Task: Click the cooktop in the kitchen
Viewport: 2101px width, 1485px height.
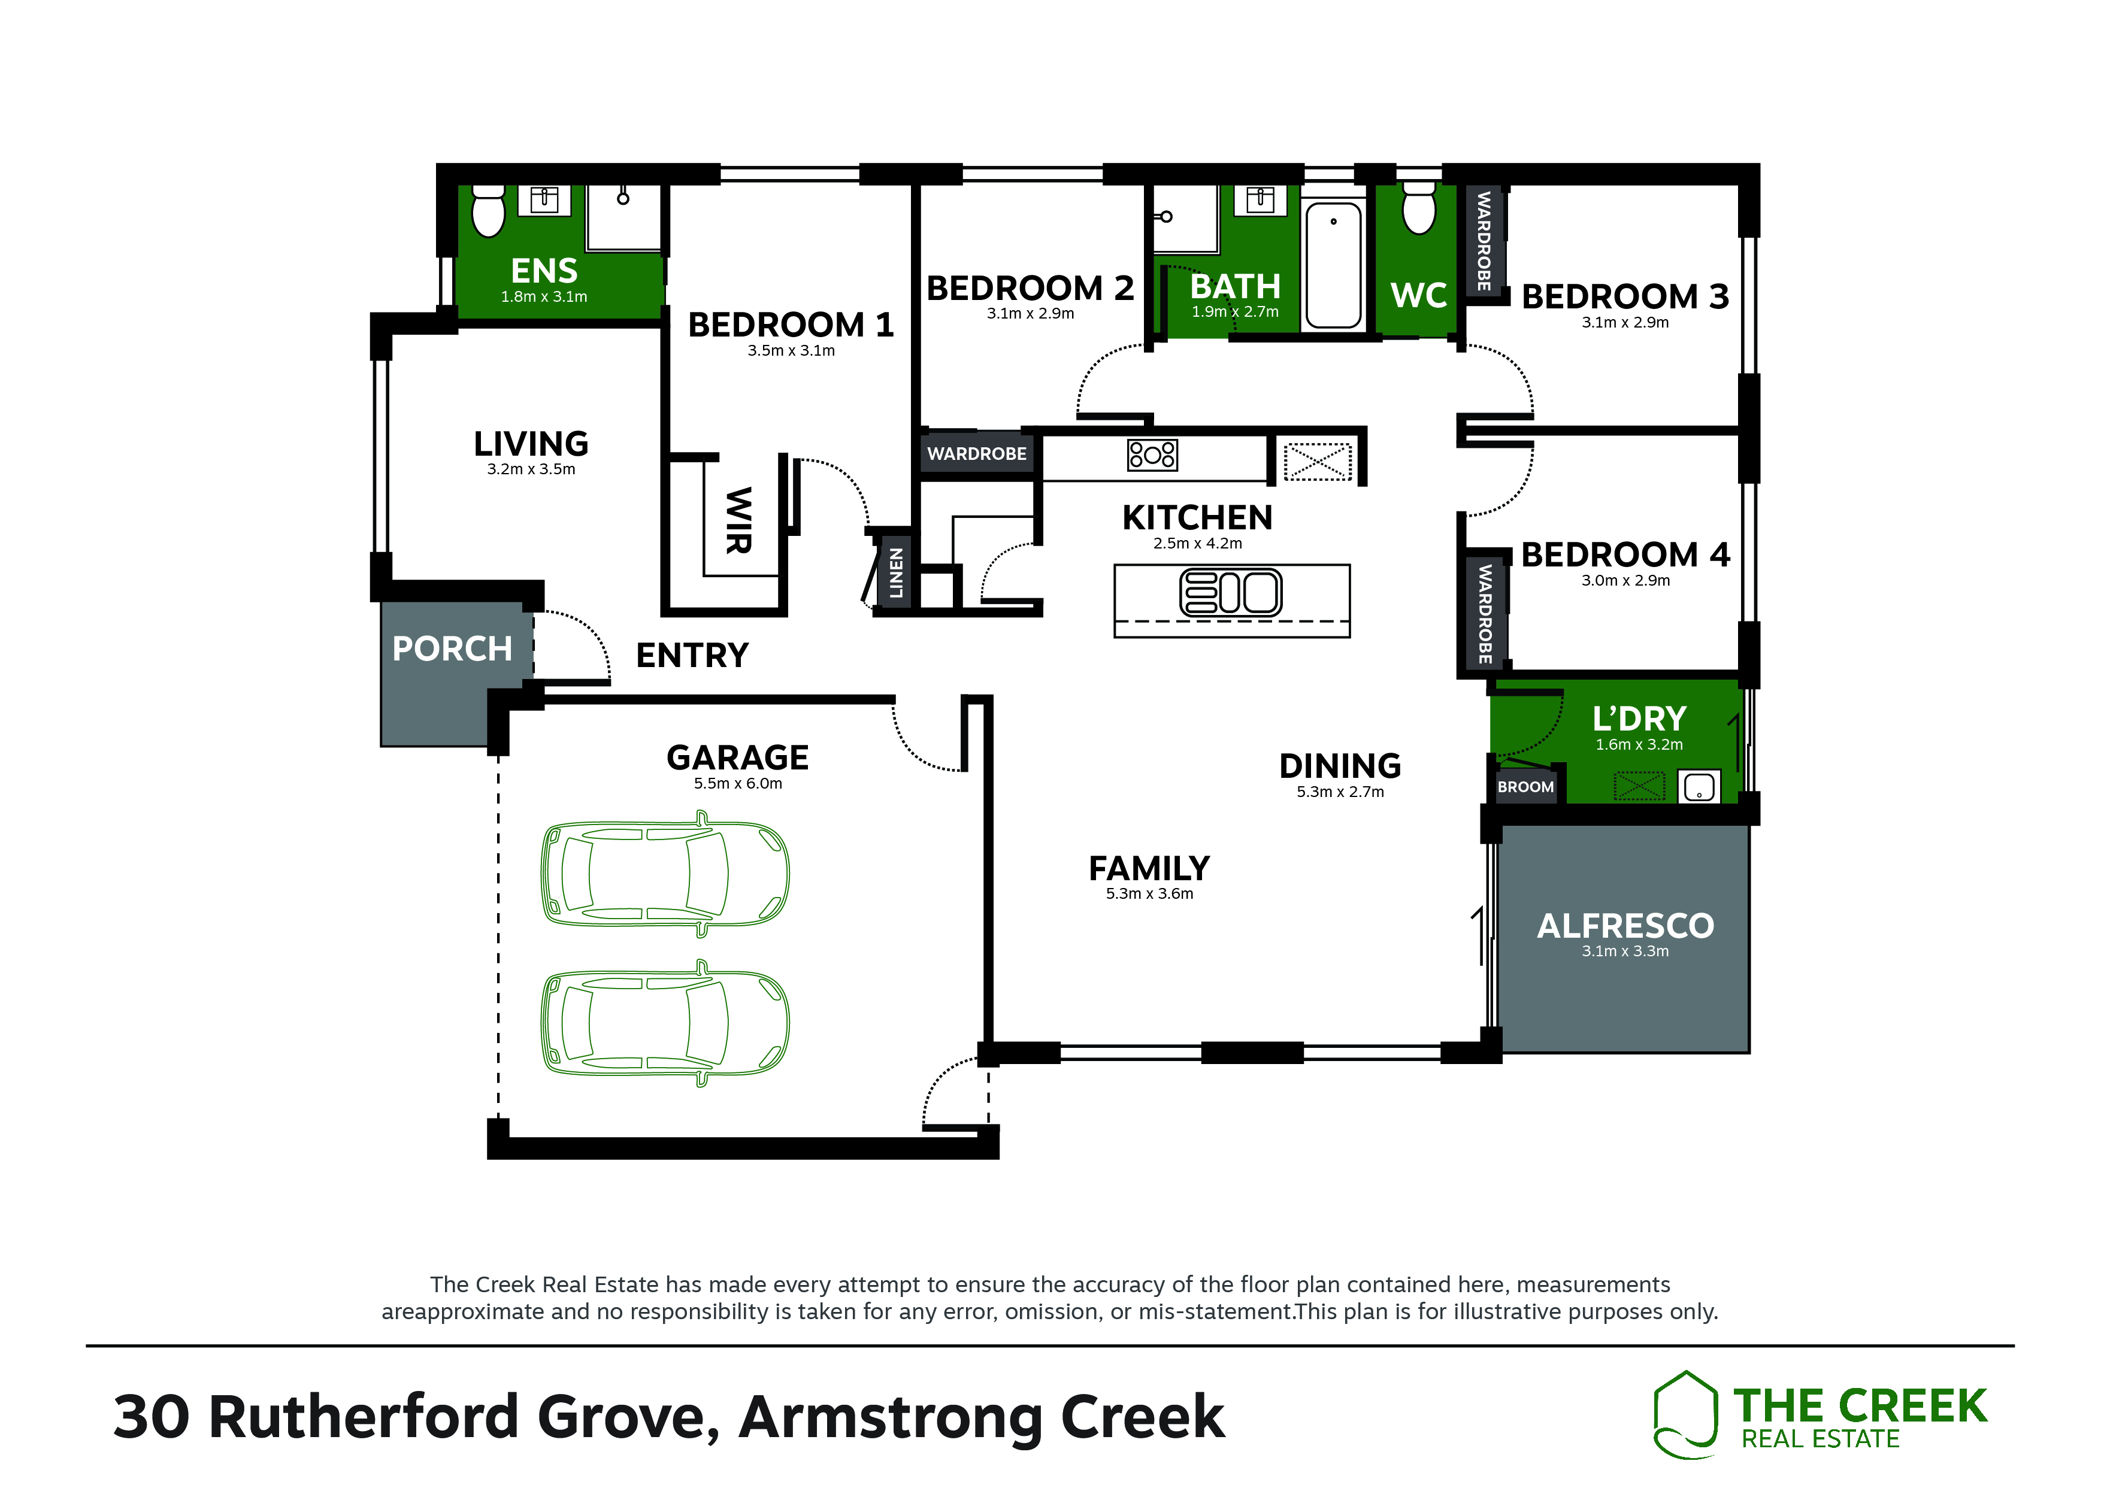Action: click(x=1152, y=454)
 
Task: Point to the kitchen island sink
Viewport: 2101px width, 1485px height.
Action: click(x=1231, y=592)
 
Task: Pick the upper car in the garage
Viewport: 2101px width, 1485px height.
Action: click(x=665, y=873)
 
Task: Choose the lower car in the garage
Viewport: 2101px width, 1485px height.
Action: click(x=665, y=1023)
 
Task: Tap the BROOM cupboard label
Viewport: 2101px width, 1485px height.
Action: click(x=1525, y=787)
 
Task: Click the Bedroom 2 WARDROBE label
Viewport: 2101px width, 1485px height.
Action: click(x=976, y=454)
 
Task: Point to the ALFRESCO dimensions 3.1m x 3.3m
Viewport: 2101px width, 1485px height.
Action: click(x=1625, y=951)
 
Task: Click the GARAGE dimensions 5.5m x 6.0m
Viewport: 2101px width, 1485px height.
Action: click(x=737, y=783)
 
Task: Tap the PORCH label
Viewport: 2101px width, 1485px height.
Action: click(x=452, y=648)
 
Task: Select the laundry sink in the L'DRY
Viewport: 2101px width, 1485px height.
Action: click(x=1699, y=787)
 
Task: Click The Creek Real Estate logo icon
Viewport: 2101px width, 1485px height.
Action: click(x=1685, y=1414)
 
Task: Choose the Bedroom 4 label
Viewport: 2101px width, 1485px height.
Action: click(x=1625, y=554)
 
